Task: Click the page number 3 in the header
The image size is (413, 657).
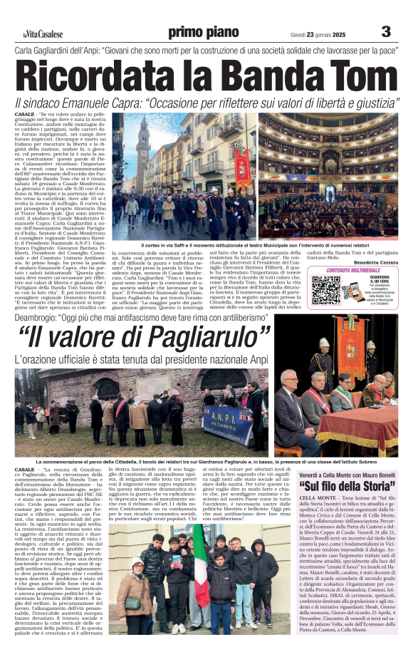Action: click(x=386, y=31)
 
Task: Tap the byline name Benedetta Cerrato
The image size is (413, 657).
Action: click(x=372, y=263)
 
